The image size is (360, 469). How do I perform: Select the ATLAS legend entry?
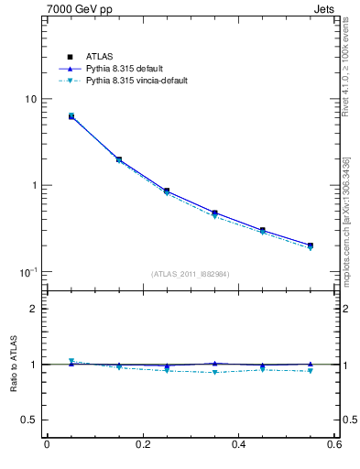(x=96, y=57)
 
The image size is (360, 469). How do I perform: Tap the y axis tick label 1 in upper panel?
(x=35, y=185)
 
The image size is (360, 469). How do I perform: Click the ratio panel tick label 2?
(x=35, y=309)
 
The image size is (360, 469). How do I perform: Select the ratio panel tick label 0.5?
(x=30, y=420)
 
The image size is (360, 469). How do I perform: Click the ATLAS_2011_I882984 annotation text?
(x=191, y=273)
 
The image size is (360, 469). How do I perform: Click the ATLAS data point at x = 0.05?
(x=71, y=116)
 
